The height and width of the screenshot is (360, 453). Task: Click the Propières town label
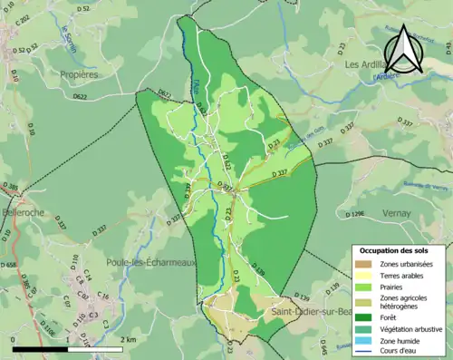click(78, 75)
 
